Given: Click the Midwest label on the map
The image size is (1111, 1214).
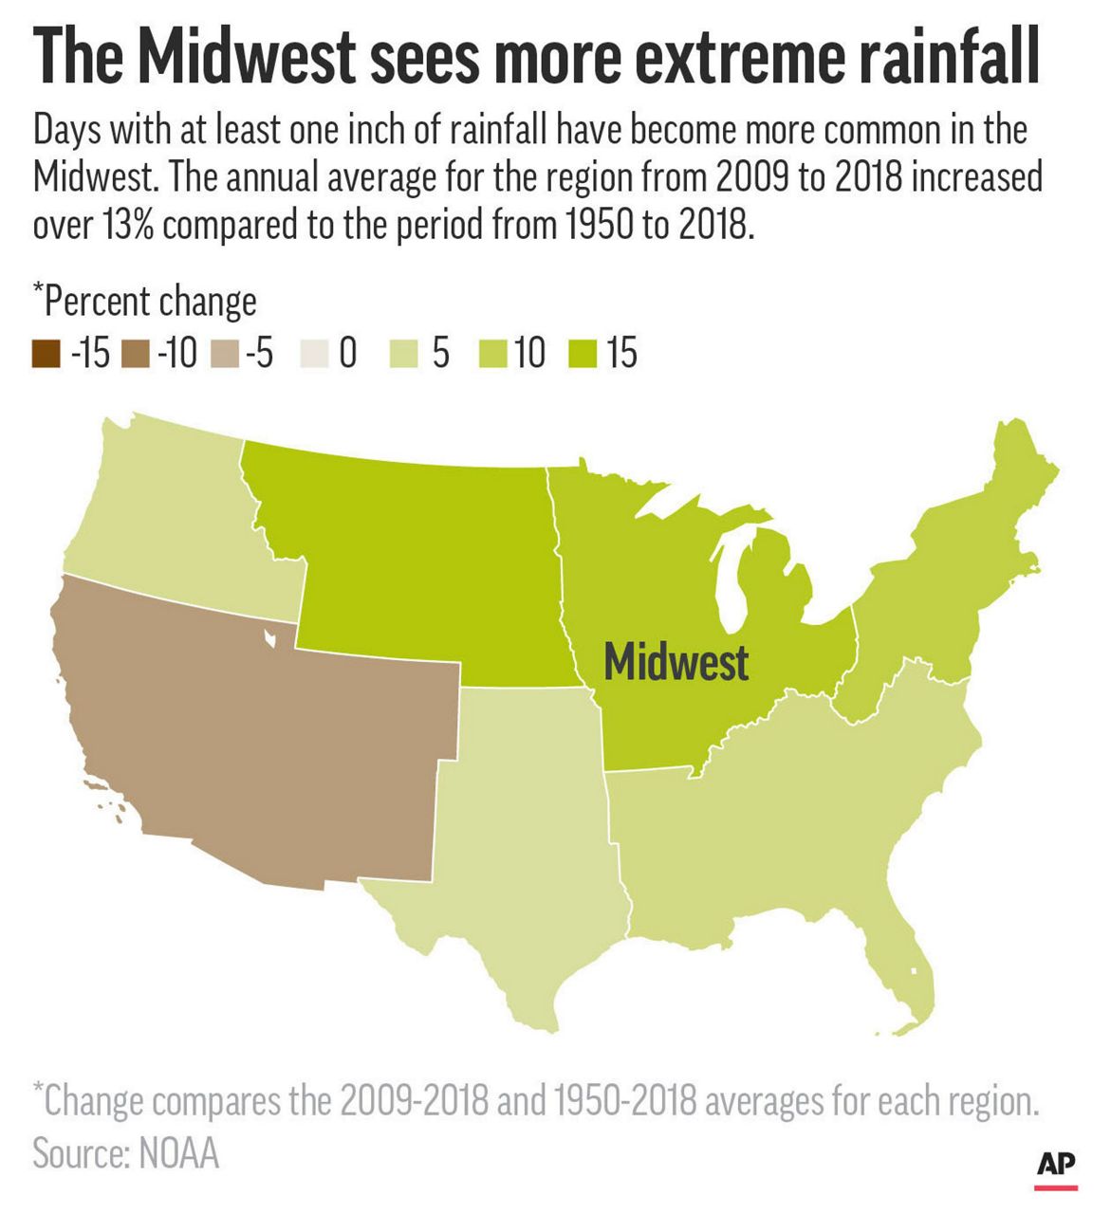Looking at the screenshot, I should click(676, 661).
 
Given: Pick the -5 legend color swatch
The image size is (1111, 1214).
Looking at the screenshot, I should click(227, 354).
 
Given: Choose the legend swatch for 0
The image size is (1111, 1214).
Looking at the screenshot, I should click(317, 354).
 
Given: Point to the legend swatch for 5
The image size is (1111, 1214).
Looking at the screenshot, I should click(405, 354).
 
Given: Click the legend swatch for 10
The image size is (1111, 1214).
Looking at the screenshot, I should click(496, 354).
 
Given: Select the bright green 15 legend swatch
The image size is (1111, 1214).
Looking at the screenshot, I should click(586, 354).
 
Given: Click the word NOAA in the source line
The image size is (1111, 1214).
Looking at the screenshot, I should click(180, 1153).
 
